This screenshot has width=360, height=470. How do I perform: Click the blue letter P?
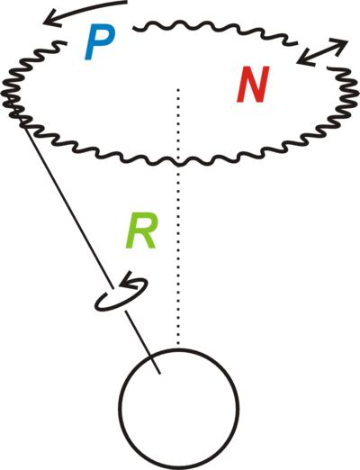(99, 42)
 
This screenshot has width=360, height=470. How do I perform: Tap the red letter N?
(253, 85)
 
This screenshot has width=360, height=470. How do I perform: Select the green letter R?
(141, 230)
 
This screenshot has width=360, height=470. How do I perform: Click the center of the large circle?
(179, 409)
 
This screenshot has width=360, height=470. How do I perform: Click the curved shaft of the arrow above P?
(87, 8)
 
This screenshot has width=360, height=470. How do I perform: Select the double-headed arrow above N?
(322, 51)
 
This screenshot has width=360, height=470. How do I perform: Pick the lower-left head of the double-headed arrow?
(303, 59)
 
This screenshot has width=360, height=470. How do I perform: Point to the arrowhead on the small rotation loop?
(126, 279)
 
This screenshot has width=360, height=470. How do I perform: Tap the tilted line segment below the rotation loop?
(143, 342)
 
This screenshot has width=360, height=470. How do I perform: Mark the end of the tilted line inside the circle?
(160, 374)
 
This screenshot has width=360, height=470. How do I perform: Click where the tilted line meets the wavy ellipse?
(22, 123)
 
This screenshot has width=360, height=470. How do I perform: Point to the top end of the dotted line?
(178, 89)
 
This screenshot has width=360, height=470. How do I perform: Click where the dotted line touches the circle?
(178, 348)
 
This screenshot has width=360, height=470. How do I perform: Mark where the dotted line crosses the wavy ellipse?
(178, 164)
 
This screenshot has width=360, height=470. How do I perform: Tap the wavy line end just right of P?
(134, 28)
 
